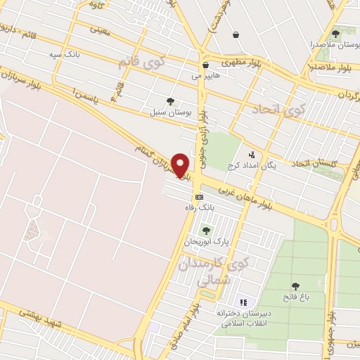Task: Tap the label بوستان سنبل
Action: (168, 112)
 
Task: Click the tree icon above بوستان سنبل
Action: (169, 101)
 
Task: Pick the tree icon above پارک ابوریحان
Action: (206, 230)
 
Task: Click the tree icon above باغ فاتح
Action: (296, 285)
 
